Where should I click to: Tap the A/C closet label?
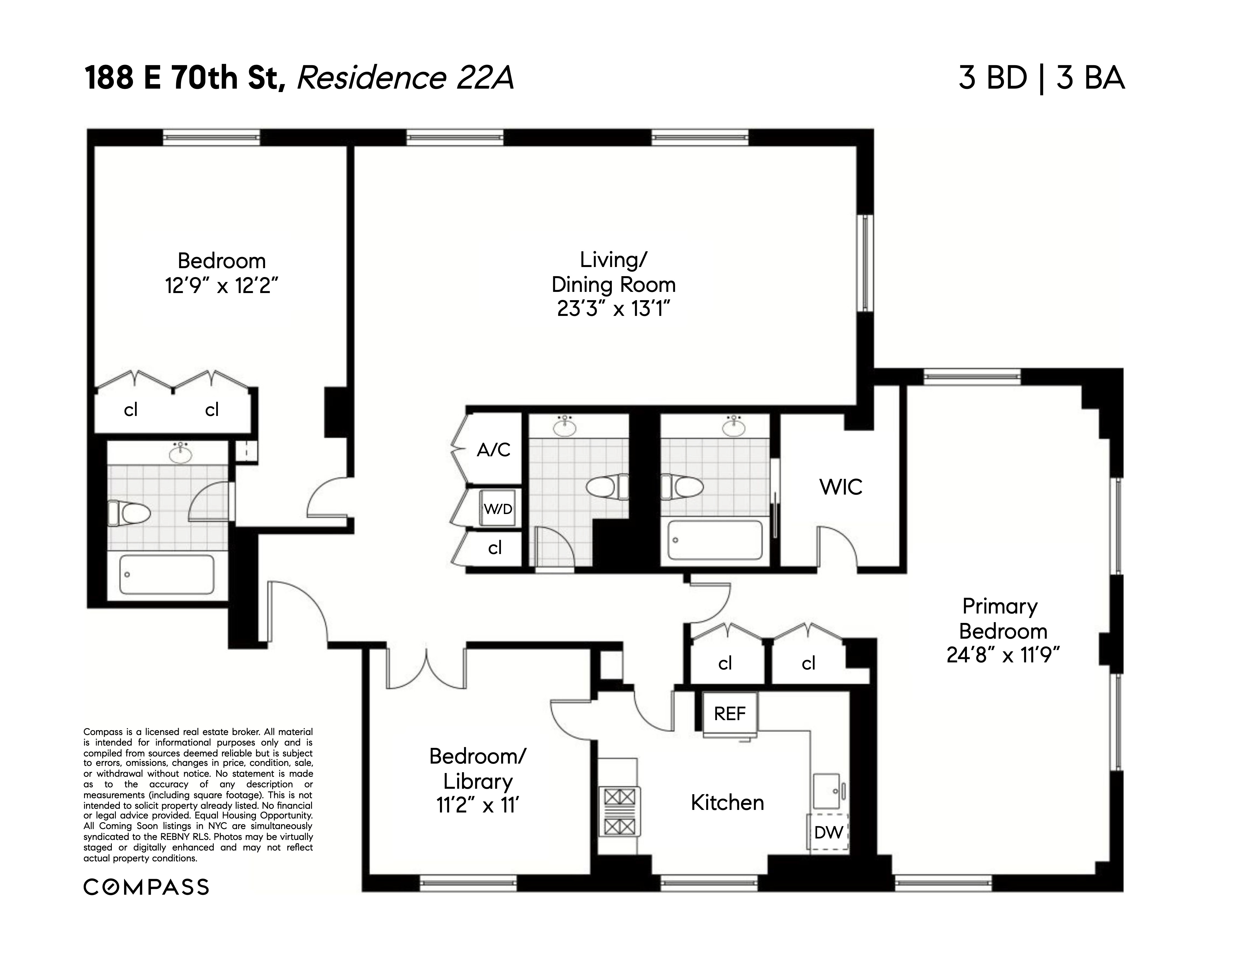(494, 450)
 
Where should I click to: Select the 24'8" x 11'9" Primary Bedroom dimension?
(1003, 655)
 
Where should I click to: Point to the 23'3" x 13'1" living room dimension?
(614, 309)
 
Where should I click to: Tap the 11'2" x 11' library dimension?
(477, 805)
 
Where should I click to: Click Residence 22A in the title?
(405, 78)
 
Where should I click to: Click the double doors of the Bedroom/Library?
(426, 668)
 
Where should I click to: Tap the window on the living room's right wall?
(865, 263)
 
